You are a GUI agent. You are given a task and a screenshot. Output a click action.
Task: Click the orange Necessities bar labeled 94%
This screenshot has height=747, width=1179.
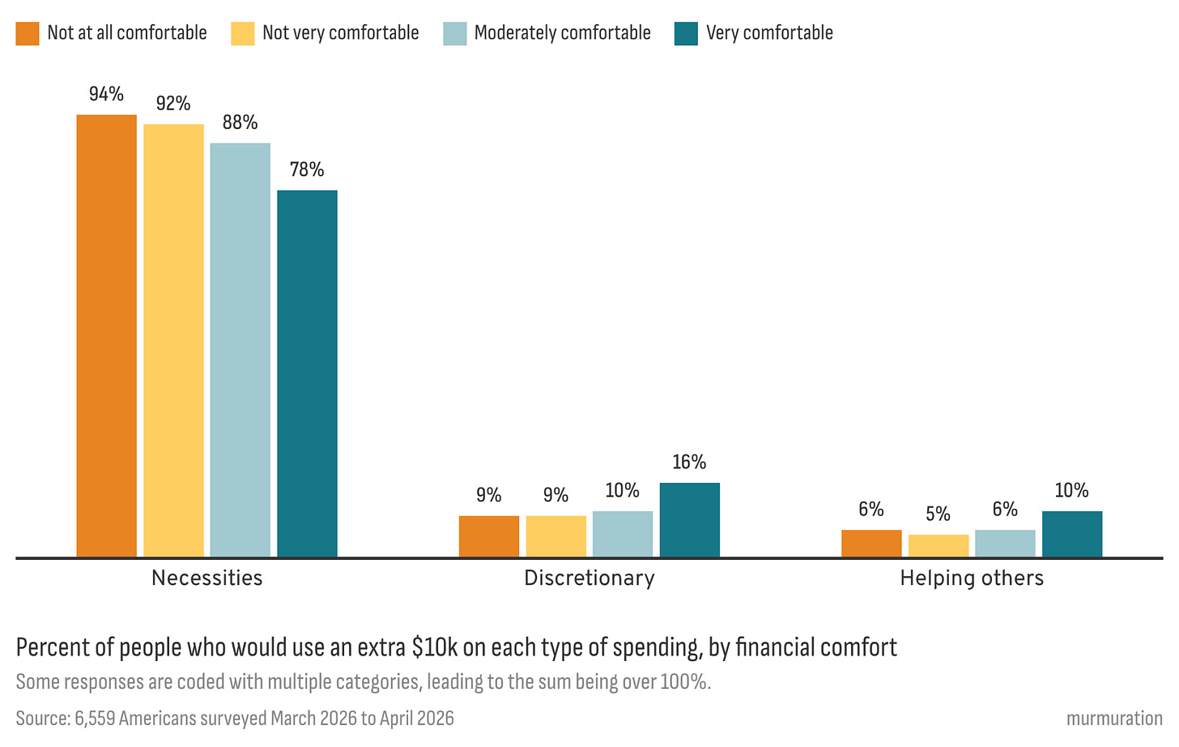click(106, 335)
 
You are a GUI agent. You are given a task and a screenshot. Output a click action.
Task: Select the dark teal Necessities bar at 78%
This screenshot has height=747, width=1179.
click(308, 373)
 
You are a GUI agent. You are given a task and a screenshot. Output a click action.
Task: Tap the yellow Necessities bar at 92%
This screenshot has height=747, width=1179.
click(173, 340)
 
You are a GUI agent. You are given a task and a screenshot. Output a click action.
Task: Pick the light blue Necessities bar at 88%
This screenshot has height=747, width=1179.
click(240, 350)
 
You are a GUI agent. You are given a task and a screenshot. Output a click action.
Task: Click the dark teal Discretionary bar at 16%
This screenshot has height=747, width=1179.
click(690, 519)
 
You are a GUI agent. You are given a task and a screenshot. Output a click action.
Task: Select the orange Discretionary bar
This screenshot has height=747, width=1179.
click(489, 536)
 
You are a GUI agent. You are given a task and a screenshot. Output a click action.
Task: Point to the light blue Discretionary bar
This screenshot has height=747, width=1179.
click(623, 534)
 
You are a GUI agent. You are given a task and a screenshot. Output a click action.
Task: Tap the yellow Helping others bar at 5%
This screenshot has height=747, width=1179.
click(939, 546)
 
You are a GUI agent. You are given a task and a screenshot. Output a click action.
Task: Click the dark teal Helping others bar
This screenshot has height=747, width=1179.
click(1072, 534)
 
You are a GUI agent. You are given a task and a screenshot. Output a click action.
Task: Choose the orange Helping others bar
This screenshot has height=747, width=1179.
click(871, 543)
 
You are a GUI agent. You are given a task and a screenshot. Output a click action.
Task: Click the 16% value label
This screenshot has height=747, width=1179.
click(689, 462)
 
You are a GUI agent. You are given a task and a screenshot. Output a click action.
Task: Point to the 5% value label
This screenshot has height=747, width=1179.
click(938, 514)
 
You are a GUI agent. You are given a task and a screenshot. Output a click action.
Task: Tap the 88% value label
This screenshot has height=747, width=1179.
click(240, 122)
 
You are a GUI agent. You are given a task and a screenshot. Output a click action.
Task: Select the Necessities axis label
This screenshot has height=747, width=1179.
click(206, 578)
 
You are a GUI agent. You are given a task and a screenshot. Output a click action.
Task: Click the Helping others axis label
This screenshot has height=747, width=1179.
click(972, 578)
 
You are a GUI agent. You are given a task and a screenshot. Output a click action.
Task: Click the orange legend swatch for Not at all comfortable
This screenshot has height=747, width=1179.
click(28, 34)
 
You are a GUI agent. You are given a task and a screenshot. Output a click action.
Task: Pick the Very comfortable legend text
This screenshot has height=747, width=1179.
click(769, 32)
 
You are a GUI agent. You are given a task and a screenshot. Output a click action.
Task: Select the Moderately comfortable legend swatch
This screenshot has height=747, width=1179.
click(455, 34)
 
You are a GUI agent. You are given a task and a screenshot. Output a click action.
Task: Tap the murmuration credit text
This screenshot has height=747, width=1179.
click(1114, 719)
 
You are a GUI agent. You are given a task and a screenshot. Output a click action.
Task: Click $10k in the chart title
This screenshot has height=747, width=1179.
click(436, 647)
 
